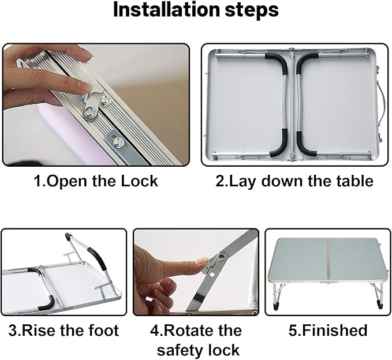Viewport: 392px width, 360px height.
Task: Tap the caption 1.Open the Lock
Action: point(96,181)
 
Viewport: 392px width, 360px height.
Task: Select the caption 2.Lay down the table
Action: point(294,181)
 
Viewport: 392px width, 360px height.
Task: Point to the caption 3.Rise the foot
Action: point(64,331)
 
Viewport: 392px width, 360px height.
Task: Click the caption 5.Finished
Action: point(327,331)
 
